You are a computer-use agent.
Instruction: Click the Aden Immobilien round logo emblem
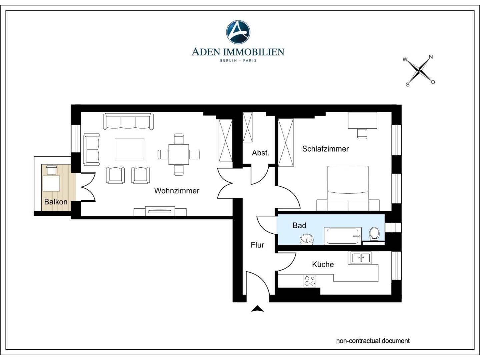[x=238, y=32]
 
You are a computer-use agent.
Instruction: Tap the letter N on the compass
[x=431, y=57]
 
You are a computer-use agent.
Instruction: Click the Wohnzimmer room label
[x=177, y=191]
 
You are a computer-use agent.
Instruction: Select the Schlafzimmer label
[x=325, y=149]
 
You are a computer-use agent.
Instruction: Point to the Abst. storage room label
[x=260, y=153]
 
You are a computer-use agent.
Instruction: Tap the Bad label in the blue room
[x=299, y=225]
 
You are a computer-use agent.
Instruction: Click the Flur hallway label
[x=257, y=245]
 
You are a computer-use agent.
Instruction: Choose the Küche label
[x=323, y=264]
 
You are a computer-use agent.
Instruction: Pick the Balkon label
[x=56, y=202]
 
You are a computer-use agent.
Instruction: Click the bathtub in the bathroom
[x=342, y=236]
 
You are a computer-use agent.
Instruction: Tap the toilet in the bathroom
[x=374, y=234]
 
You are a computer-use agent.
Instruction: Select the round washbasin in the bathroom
[x=307, y=239]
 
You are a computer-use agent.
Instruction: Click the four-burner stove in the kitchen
[x=310, y=281]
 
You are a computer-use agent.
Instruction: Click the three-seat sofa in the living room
[x=128, y=121]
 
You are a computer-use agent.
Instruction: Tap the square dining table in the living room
[x=179, y=154]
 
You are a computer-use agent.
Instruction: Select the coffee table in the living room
[x=129, y=149]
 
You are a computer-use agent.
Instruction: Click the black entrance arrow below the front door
[x=257, y=309]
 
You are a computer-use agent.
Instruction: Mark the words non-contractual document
[x=373, y=341]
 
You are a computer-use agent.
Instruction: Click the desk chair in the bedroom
[x=362, y=134]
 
